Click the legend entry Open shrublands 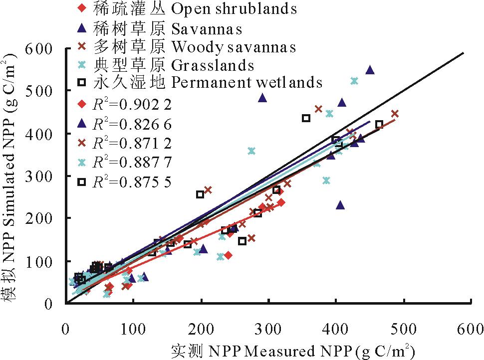[195, 8]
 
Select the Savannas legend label [168, 28]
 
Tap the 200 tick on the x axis [201, 329]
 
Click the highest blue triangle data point [370, 70]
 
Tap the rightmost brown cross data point [395, 114]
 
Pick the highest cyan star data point [354, 81]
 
